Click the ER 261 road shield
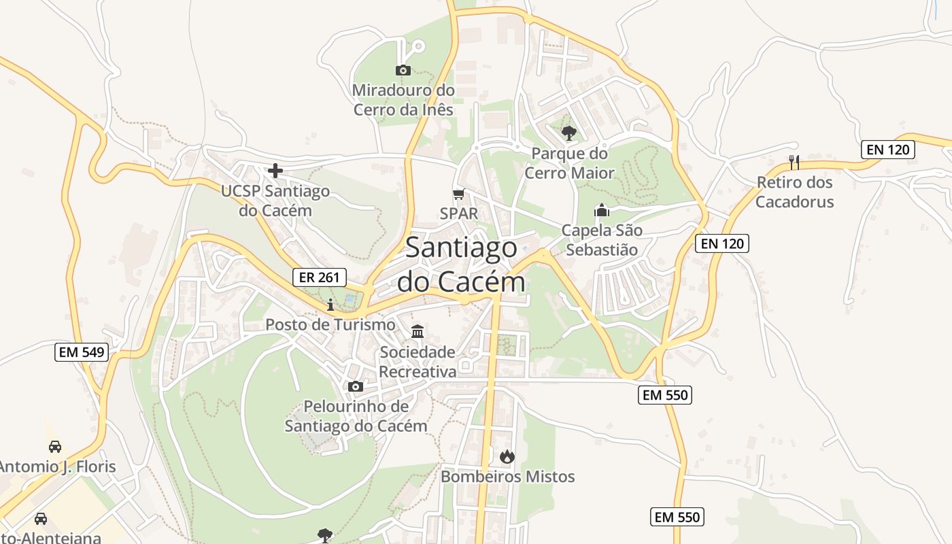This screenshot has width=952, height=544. [320, 277]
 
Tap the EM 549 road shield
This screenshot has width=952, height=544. [82, 352]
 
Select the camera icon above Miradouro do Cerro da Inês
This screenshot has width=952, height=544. [403, 70]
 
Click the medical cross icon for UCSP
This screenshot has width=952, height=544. [275, 171]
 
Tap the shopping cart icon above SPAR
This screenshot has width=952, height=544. [459, 194]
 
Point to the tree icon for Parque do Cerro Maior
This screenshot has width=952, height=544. [569, 133]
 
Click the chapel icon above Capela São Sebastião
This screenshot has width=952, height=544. [602, 210]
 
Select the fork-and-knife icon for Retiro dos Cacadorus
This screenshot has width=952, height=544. [794, 163]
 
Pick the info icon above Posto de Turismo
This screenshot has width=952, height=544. [330, 304]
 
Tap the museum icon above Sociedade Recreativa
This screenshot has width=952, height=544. [418, 332]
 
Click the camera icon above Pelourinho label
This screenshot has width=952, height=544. [356, 386]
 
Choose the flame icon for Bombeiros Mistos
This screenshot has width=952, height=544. [507, 456]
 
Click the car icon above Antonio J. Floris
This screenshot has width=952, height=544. [55, 447]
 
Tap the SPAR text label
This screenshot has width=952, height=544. [459, 213]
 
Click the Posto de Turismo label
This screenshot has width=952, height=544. [330, 324]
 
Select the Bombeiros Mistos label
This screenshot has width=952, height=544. [508, 477]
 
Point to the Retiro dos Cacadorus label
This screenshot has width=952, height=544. [794, 192]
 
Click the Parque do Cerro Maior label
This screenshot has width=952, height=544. [570, 163]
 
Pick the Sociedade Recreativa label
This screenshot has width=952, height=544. [418, 362]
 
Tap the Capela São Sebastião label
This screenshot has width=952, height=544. [602, 240]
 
